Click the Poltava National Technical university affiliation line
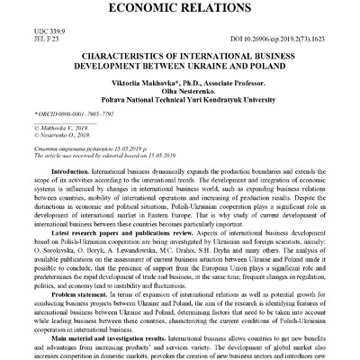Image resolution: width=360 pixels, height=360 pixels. click(179, 103)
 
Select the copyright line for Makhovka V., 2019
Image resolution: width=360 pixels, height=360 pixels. click(54, 129)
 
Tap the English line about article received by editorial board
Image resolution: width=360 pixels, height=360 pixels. click(100, 156)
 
